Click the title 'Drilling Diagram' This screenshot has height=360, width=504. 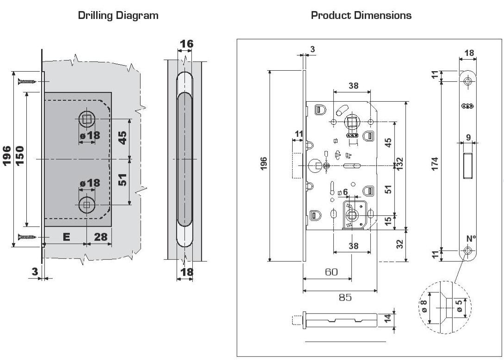point(118,15)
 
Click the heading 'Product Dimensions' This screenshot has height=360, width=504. point(361,15)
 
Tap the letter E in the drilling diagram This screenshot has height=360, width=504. point(66,237)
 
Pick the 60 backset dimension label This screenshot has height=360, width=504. point(331,272)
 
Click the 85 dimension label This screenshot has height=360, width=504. point(345,297)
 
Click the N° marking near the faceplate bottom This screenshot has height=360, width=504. point(471,238)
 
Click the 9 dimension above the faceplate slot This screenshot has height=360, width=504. point(469,137)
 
